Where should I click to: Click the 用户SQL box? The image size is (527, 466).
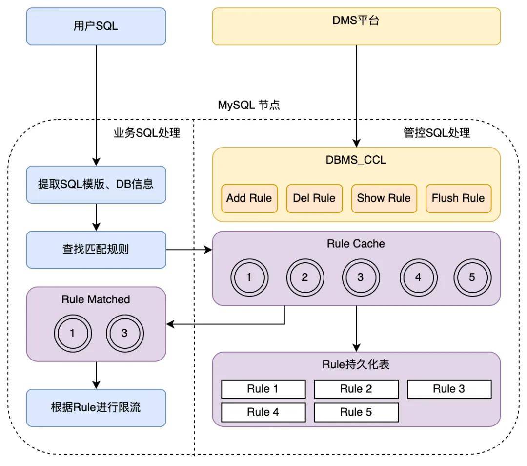pos(96,26)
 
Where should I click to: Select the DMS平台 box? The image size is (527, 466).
pos(356,26)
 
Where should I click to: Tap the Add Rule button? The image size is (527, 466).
pos(249,198)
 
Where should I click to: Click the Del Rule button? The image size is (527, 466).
pos(314,198)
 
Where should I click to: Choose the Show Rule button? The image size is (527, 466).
pos(384,198)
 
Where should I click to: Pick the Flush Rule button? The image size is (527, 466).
pos(458,198)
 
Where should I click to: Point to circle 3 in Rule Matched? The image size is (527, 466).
pos(124,334)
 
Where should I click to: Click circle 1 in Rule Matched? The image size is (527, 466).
pos(72,334)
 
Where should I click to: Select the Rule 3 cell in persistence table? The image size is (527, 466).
pos(449,389)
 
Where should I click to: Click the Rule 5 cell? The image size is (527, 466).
pos(356,412)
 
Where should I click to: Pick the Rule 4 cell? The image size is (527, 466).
pos(263,412)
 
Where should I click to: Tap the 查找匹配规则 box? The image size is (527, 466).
pos(96,250)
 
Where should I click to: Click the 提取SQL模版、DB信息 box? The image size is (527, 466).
pos(96,184)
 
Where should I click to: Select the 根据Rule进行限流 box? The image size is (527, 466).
pos(96,407)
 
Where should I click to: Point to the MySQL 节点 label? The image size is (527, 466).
pos(249,105)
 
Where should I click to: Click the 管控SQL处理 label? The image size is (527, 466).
pos(437,132)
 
